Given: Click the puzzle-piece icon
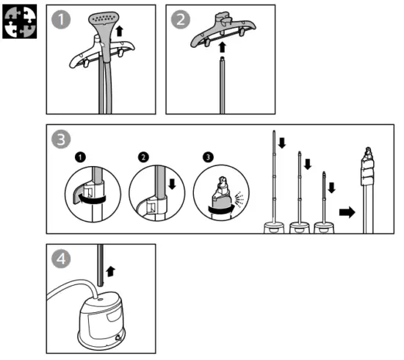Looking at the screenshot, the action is pos(20,21).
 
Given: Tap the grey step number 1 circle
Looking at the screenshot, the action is pos(61,19).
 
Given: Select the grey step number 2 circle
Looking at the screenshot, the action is pos(181,19).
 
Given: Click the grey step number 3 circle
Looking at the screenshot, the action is pos(61,139).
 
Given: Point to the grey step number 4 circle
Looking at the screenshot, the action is pos(61,259).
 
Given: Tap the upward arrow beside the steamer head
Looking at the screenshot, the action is pos(119,31).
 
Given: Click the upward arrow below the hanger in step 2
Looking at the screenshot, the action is pos(222,48).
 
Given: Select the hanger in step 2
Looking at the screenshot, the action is pos(223,29).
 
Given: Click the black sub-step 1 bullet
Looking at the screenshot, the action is pos(80,157).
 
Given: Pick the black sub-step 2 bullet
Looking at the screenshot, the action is pos(143,157).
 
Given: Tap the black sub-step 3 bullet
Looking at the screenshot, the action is pos(208,157).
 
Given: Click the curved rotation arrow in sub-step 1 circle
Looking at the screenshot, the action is pos(93,199).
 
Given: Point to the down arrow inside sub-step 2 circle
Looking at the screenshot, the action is pos(172,184).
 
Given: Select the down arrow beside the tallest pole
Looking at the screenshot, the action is pos(282,143).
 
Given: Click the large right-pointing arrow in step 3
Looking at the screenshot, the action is pos(347,212).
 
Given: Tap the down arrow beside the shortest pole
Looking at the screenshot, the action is pos(331,188).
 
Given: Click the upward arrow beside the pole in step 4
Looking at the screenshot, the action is pos(111,272).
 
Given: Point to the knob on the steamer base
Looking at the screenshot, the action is pos(118,337).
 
